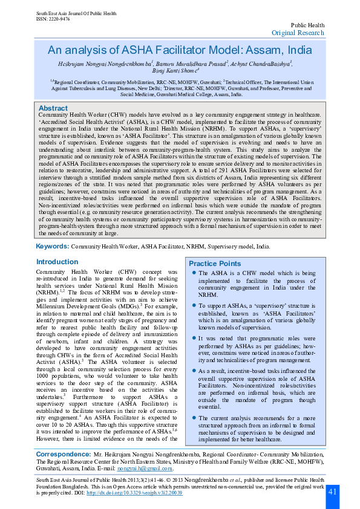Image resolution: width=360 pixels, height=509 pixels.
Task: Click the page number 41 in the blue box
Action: (x=332, y=492)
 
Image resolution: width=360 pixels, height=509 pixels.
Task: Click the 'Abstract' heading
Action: (x=53, y=108)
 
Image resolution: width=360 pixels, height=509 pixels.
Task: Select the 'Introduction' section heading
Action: (x=57, y=262)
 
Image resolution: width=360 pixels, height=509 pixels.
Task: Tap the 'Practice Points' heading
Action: (x=214, y=264)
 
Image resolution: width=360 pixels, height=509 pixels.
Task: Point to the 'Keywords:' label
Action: (x=53, y=247)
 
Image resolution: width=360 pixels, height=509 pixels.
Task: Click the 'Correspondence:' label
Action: (x=67, y=453)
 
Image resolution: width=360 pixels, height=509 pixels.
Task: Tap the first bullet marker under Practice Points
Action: (x=193, y=273)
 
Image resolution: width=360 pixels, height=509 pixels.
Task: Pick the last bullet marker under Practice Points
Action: (x=193, y=418)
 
